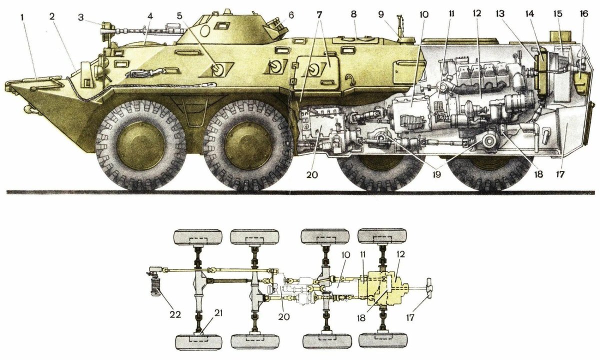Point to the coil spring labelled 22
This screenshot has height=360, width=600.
click(155, 288)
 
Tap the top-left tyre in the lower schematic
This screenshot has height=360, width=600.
click(197, 236)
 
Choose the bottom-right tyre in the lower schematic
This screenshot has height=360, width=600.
click(383, 341)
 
